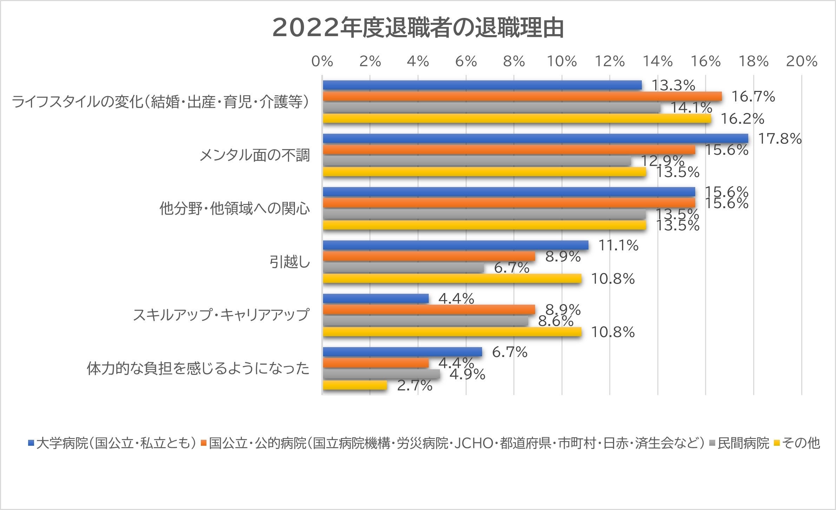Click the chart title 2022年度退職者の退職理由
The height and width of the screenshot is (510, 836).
tap(418, 28)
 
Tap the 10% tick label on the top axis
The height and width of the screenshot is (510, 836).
tap(562, 62)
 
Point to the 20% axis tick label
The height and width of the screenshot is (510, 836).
tap(802, 62)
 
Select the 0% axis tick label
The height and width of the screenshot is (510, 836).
tap(322, 62)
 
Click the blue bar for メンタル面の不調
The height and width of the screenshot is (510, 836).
tap(535, 139)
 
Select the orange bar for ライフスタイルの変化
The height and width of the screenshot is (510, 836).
tap(522, 97)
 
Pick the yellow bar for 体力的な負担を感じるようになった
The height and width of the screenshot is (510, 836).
tap(355, 385)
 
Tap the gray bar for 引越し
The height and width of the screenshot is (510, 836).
tap(403, 268)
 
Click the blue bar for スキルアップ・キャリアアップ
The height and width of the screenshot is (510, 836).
tap(375, 299)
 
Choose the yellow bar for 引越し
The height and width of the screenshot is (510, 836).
tap(452, 279)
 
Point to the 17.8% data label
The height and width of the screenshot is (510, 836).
tap(780, 139)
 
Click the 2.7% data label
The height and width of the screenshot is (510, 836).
tap(414, 386)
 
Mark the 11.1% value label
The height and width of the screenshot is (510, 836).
tap(618, 245)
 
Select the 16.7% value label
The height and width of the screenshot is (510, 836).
tap(753, 97)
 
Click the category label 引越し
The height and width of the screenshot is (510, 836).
tap(290, 262)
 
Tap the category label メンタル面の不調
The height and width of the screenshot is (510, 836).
tap(255, 155)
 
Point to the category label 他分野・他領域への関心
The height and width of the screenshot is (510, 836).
tap(235, 209)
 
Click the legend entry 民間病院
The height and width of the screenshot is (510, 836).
tap(743, 443)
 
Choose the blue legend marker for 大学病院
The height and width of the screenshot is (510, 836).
tap(31, 443)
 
